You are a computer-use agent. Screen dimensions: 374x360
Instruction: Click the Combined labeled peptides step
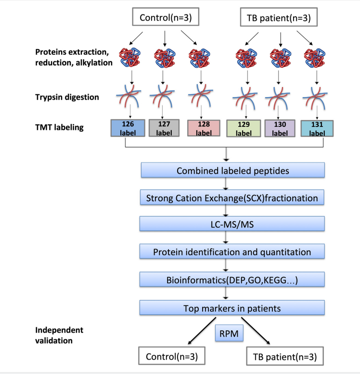click(x=232, y=171)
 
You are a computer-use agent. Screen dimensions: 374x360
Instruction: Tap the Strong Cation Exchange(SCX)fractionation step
click(x=232, y=197)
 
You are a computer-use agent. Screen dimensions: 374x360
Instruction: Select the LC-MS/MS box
click(x=232, y=224)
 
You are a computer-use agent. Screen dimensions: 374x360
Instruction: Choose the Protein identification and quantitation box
click(x=232, y=251)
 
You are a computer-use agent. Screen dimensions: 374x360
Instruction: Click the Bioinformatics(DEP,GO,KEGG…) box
click(x=232, y=280)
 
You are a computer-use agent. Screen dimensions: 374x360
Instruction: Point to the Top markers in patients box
click(x=232, y=308)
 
